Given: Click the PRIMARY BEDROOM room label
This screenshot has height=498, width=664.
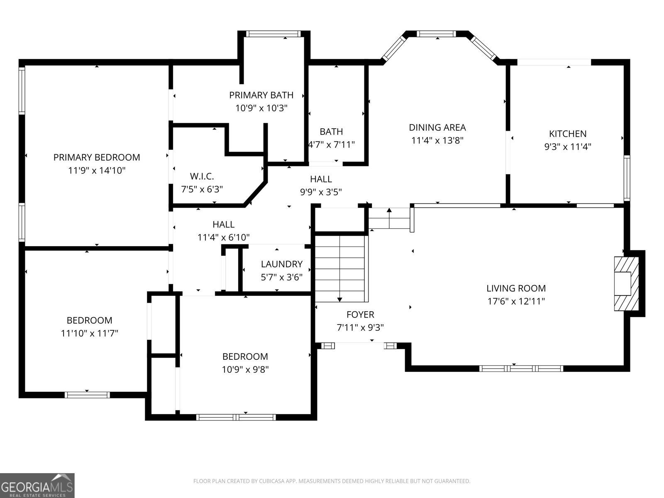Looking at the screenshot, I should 97,157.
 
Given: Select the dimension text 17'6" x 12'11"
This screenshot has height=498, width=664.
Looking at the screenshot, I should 516,301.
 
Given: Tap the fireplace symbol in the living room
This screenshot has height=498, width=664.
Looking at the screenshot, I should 626,283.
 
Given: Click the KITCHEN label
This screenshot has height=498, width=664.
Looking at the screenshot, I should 567,134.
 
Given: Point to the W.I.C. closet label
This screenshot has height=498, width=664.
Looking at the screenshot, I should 202,176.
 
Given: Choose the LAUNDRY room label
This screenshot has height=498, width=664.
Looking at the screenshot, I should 281,264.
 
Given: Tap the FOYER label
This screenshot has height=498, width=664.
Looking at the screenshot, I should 360,315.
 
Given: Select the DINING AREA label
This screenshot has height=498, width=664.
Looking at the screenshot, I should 437,127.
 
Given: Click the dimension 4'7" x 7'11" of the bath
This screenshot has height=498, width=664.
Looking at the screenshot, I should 332,145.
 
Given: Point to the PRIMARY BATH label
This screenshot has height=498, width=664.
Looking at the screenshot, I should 261,95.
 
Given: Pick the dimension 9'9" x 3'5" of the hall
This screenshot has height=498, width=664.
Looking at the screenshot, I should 321,192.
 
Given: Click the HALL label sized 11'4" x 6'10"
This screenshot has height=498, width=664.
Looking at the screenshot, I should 223,225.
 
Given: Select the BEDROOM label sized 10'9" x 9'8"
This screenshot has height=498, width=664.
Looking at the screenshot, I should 245,356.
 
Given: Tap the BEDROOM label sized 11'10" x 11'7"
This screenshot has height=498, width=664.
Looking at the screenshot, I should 89,320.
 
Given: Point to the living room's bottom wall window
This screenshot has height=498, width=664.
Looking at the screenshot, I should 521,368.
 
